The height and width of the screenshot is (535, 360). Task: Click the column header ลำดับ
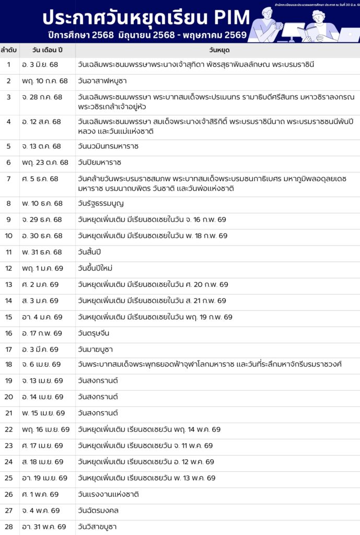(9, 50)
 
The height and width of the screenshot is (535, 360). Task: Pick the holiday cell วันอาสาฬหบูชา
(102, 81)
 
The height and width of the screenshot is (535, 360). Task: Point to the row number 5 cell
(9, 147)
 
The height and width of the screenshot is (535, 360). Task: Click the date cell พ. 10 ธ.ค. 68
(42, 204)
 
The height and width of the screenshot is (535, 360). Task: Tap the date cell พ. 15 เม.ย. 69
(44, 413)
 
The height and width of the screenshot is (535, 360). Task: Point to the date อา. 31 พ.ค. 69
(45, 527)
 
